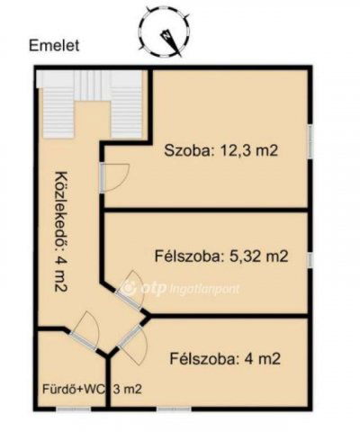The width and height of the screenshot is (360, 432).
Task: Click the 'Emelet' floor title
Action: [54, 46]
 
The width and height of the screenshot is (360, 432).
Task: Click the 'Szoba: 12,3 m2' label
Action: [221, 150]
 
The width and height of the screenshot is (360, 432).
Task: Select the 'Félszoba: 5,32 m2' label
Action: [221, 256]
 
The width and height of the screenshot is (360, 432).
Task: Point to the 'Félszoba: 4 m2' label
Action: [225, 358]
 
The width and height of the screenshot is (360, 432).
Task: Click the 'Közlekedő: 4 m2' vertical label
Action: [61, 231]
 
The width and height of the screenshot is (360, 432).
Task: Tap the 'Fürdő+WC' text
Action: [74, 389]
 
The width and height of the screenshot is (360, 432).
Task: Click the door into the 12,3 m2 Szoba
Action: [114, 177]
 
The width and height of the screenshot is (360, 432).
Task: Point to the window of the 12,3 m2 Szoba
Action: [310, 141]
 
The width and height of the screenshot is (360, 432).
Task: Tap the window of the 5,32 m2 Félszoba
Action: [310, 259]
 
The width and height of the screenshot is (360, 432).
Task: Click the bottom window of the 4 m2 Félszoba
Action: [174, 409]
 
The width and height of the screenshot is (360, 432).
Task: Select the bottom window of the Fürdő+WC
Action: [74, 409]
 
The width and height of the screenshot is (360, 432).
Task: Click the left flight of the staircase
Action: [58, 112]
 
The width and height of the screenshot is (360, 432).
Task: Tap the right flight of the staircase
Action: [126, 112]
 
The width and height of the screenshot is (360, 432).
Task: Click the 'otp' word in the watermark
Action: [154, 289]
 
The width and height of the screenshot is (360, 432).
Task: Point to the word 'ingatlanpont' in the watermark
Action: [204, 289]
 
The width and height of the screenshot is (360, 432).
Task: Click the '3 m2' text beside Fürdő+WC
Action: [127, 389]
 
